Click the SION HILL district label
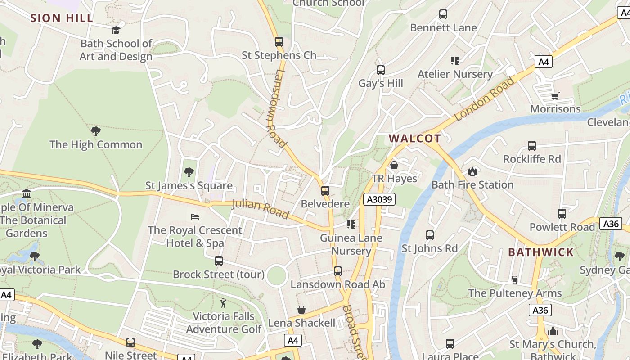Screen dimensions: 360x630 (x=62, y=18)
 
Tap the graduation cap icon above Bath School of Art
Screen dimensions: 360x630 (x=116, y=30)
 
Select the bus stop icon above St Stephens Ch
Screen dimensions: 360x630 (x=279, y=42)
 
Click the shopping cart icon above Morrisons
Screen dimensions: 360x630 (x=555, y=96)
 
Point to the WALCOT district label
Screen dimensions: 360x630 (x=414, y=138)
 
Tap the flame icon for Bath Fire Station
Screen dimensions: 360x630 (x=472, y=171)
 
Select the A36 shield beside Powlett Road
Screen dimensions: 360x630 (x=611, y=224)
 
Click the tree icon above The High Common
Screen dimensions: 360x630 (x=95, y=131)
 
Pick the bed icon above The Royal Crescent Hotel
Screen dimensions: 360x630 (x=195, y=217)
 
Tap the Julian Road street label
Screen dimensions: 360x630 (x=260, y=210)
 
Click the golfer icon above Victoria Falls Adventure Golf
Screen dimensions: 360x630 (x=223, y=303)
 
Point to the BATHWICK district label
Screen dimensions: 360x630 (x=541, y=252)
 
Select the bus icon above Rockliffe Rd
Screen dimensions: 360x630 (x=532, y=146)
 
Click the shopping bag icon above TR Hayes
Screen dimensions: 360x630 (x=394, y=165)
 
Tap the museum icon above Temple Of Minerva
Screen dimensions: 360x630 (x=27, y=194)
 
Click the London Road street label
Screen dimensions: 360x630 (x=484, y=99)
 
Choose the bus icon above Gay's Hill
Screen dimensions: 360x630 (x=381, y=70)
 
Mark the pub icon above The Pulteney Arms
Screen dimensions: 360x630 (x=515, y=280)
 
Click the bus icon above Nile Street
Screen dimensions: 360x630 (x=130, y=342)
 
